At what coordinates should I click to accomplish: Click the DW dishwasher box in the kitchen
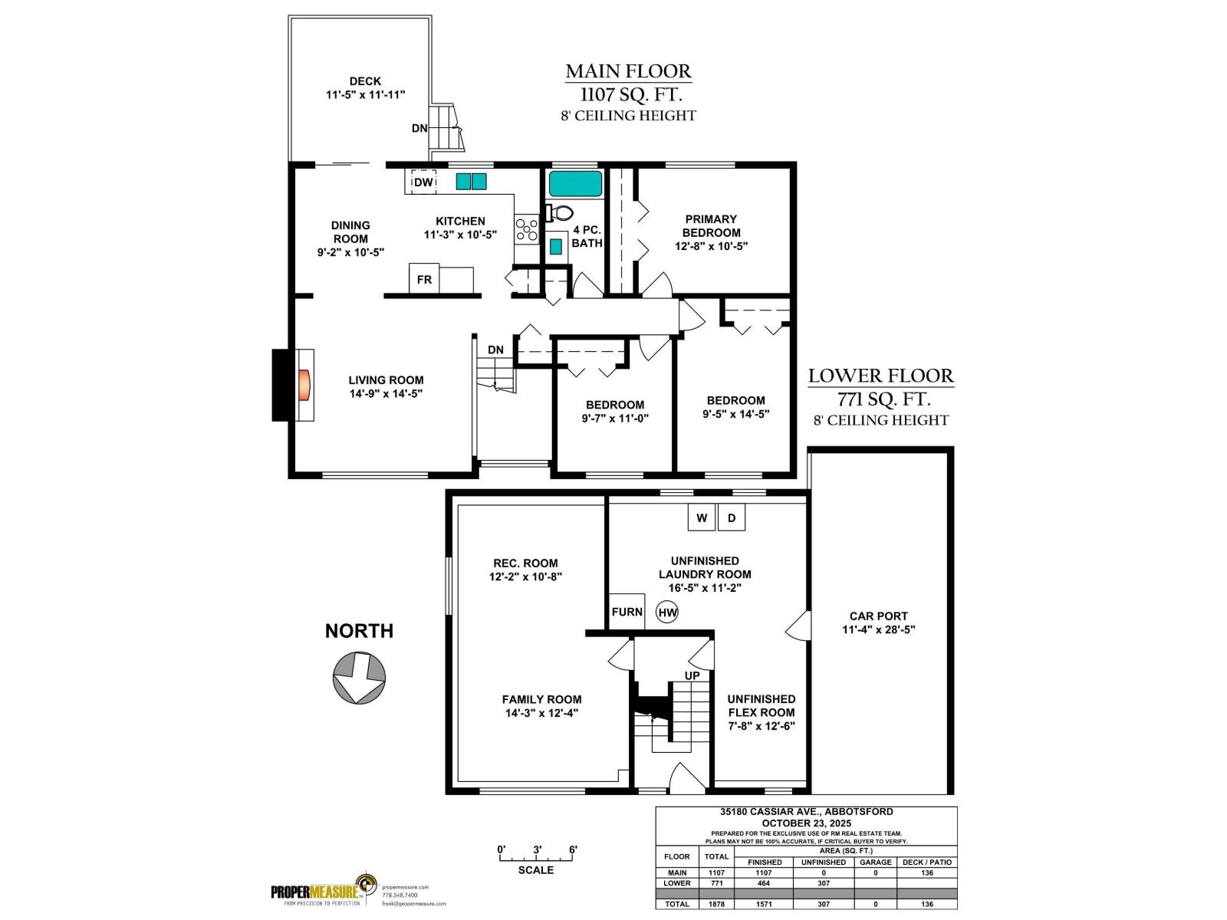click(x=423, y=182)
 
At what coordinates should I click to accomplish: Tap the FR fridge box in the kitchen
click(x=424, y=279)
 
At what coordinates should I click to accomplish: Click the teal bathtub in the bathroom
click(x=575, y=183)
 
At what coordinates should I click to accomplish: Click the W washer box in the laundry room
click(x=701, y=518)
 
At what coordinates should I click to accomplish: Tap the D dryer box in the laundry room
click(x=732, y=518)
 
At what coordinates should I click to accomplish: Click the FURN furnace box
click(x=627, y=612)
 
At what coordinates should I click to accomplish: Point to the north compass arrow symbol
click(x=359, y=677)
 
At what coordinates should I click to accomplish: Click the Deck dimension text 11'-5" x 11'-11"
click(x=365, y=94)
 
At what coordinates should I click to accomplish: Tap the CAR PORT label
click(x=878, y=616)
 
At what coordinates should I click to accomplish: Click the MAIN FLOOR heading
click(x=628, y=71)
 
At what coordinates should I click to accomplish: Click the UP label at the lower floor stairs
click(x=692, y=675)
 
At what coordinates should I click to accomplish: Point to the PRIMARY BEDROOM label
click(x=711, y=225)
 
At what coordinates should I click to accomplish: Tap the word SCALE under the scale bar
click(x=535, y=869)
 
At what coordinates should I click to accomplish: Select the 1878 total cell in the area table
click(x=716, y=904)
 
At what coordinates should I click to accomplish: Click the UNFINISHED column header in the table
click(x=823, y=862)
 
